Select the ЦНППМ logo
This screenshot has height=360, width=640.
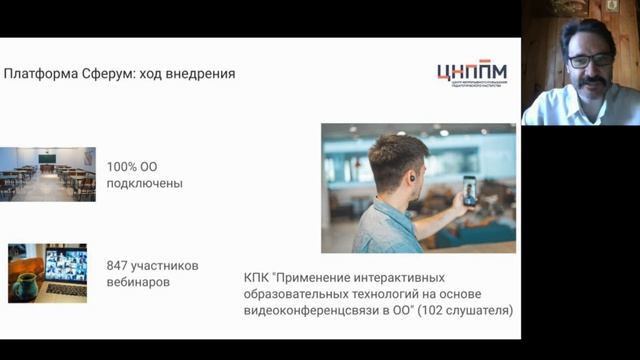(471, 74)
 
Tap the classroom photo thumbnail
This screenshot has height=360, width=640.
(47, 174)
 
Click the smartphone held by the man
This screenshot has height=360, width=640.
(469, 190)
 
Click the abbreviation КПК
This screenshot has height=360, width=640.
(257, 277)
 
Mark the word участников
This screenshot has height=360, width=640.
(172, 266)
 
